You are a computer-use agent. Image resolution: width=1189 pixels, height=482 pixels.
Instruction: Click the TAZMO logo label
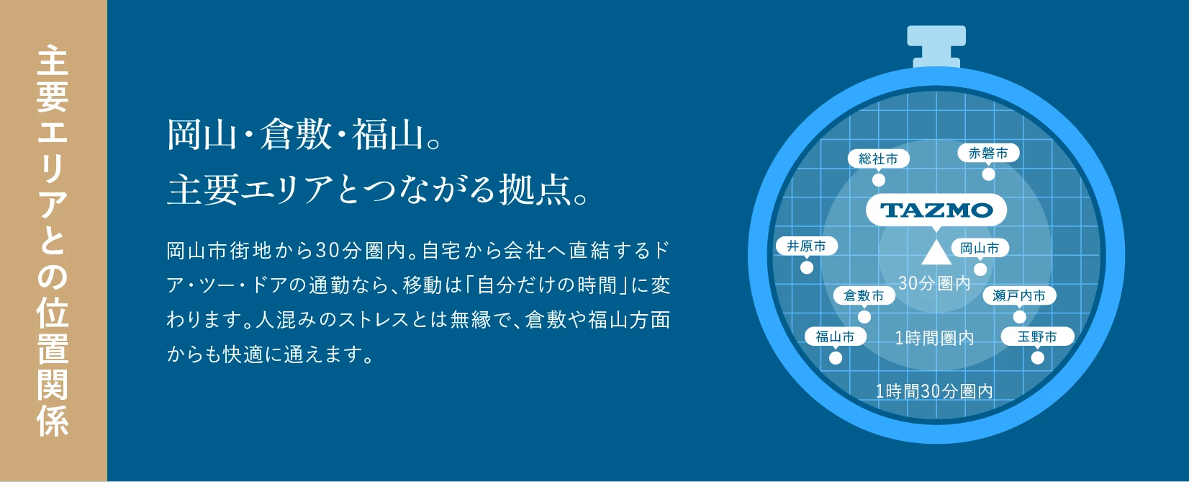click(x=936, y=210)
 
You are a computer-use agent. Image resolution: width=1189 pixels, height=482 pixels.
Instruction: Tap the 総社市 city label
click(x=879, y=159)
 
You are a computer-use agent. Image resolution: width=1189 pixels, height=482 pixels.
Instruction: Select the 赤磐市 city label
click(x=988, y=153)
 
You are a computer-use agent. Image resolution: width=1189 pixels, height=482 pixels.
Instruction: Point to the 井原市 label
click(x=807, y=246)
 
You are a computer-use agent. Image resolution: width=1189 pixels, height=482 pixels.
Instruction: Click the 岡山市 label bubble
click(x=980, y=248)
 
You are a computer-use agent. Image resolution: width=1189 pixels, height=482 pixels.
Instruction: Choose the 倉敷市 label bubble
click(x=864, y=295)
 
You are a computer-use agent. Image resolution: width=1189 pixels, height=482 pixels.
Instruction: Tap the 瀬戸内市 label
click(x=1019, y=295)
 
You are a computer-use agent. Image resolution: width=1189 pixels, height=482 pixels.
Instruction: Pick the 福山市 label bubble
click(x=836, y=336)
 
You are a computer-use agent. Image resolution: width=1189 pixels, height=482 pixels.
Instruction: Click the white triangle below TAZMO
click(x=936, y=254)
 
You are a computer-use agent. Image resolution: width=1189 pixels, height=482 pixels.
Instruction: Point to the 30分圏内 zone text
click(x=934, y=283)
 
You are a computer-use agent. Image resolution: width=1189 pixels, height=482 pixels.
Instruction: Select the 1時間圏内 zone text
click(x=934, y=338)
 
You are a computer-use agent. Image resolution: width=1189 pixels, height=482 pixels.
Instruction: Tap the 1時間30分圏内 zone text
click(x=934, y=392)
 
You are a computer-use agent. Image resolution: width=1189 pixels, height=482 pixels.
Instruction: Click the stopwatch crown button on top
click(x=936, y=46)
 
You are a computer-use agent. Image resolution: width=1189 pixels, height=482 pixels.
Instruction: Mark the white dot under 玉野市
click(x=1038, y=357)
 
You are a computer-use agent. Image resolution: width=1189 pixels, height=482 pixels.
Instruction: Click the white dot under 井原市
click(x=807, y=267)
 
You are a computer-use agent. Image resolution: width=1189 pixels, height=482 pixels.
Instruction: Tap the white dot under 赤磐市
click(x=988, y=174)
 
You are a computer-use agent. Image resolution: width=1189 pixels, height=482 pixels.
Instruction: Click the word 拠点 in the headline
click(x=535, y=189)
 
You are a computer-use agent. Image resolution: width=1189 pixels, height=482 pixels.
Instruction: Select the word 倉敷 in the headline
click(x=296, y=134)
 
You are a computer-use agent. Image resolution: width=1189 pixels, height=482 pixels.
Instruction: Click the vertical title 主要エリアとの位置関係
click(x=53, y=241)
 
